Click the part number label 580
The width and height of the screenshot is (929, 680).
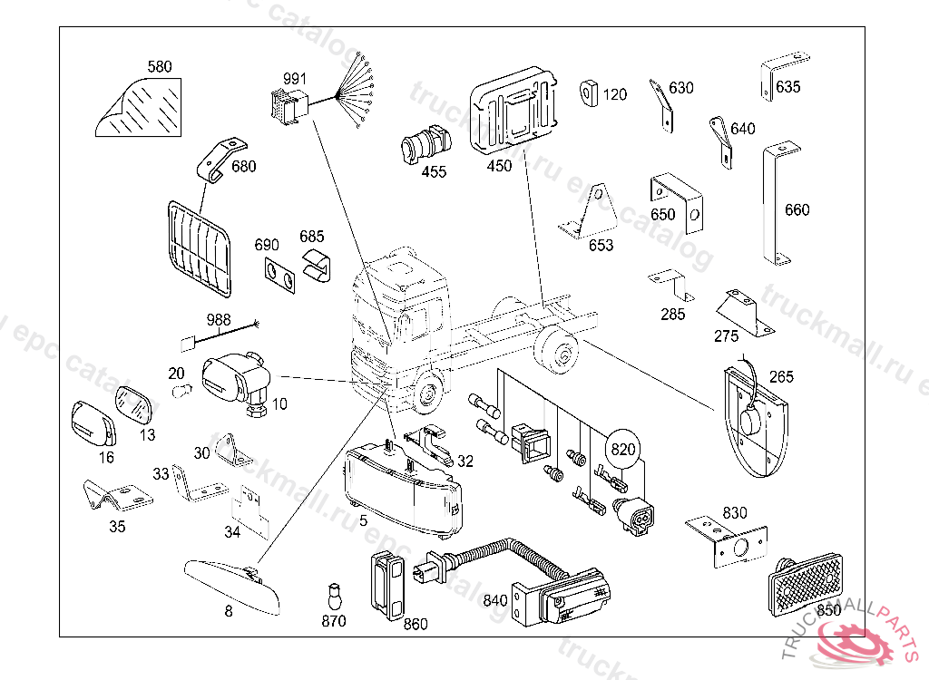coord(160,67)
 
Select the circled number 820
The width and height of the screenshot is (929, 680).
coord(624,448)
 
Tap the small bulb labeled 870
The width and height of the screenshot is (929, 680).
coord(334,597)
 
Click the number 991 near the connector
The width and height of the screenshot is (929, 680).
coord(296,78)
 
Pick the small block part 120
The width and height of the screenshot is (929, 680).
coord(587,92)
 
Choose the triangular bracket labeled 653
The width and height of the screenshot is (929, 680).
coord(592,213)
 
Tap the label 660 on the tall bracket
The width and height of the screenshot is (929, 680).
coord(797,210)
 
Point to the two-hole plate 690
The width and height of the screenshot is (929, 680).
coord(279,277)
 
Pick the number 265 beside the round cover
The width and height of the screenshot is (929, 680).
coord(782,377)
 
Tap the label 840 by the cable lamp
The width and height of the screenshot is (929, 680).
coord(495,600)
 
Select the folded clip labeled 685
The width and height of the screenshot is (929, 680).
coord(314,266)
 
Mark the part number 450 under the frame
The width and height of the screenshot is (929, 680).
coord(499,166)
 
